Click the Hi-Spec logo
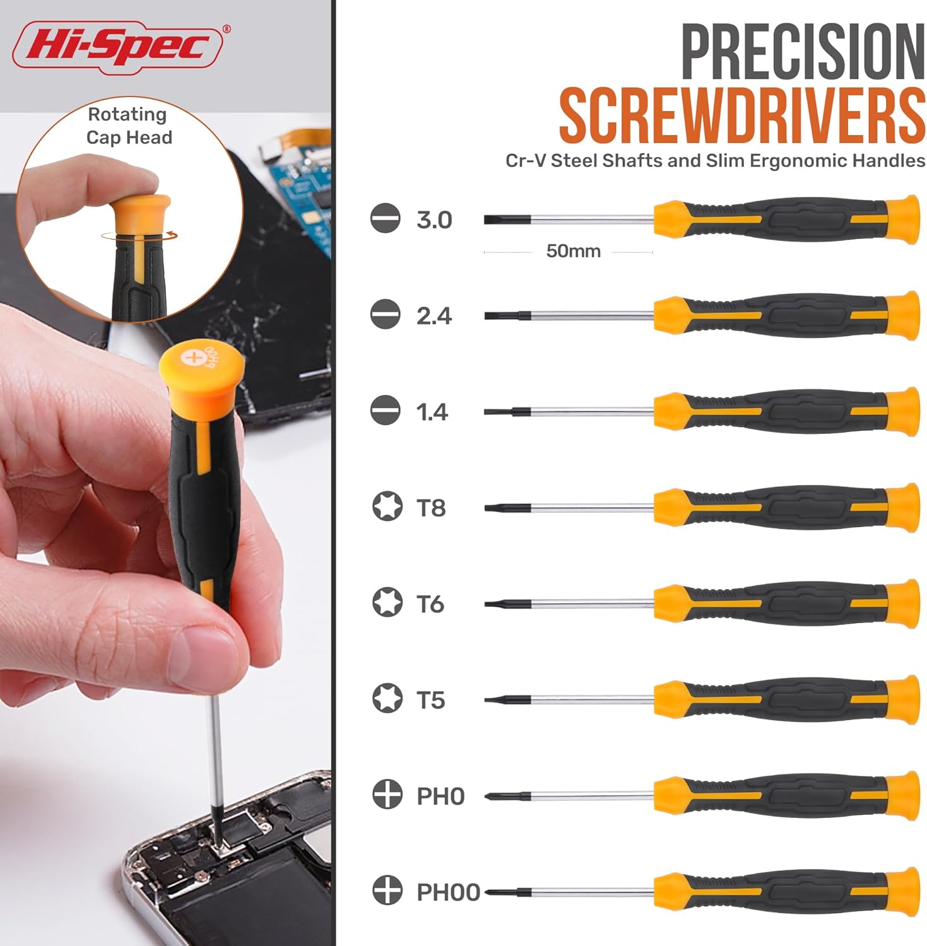click(119, 47)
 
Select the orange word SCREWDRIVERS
click(741, 116)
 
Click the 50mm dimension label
click(572, 251)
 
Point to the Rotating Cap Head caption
click(129, 126)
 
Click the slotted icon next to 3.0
click(386, 219)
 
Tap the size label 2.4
click(434, 315)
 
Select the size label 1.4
click(432, 412)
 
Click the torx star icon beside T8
click(387, 507)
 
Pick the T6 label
click(430, 604)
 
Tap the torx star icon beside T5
click(387, 699)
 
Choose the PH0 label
click(440, 796)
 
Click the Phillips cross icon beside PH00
click(387, 891)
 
